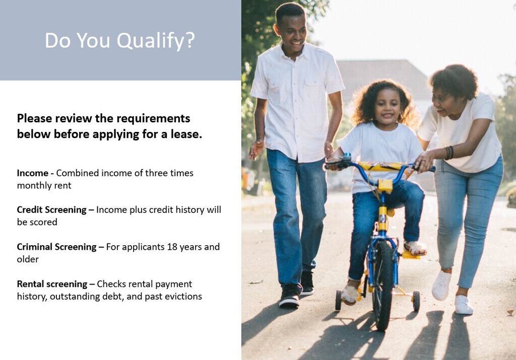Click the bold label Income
(33, 173)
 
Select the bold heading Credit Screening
(52, 210)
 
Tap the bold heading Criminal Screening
(56, 247)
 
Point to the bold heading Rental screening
(52, 284)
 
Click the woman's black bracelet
(449, 153)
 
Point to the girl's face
(388, 107)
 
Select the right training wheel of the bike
(416, 301)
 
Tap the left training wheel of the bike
(338, 300)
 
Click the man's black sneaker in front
(290, 296)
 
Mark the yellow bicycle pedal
(410, 255)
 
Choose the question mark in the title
(189, 40)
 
